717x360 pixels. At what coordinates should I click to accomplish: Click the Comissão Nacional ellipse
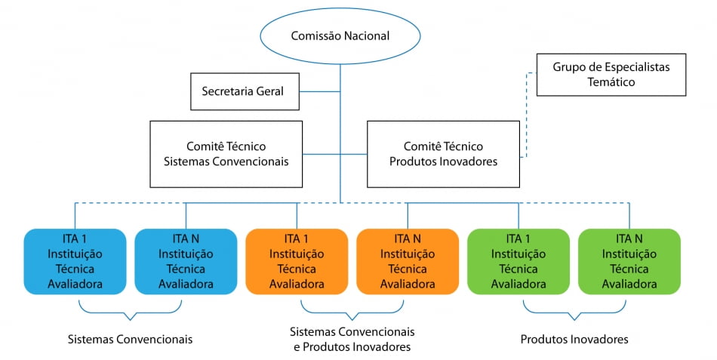click(340, 35)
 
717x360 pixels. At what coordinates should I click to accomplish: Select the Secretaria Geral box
click(243, 91)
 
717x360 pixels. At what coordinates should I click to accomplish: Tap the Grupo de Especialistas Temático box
click(611, 74)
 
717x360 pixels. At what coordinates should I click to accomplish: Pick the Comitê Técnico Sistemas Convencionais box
click(226, 154)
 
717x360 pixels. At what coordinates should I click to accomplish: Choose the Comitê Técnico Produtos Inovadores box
click(443, 154)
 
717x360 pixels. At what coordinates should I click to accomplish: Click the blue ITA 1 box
click(75, 261)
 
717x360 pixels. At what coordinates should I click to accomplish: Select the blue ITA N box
click(186, 261)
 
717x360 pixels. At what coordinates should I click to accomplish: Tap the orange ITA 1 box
click(297, 261)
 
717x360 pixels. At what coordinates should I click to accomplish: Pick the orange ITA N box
click(408, 261)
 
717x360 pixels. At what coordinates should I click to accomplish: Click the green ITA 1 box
click(519, 261)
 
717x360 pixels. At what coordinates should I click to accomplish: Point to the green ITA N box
click(629, 261)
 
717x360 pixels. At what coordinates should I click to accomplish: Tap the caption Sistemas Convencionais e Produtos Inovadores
click(352, 340)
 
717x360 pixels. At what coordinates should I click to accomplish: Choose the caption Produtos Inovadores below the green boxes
click(574, 340)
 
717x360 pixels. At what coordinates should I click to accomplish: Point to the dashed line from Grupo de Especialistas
click(527, 113)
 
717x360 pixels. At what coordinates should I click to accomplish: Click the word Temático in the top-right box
click(611, 82)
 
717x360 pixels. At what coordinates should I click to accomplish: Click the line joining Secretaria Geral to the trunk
click(320, 91)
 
